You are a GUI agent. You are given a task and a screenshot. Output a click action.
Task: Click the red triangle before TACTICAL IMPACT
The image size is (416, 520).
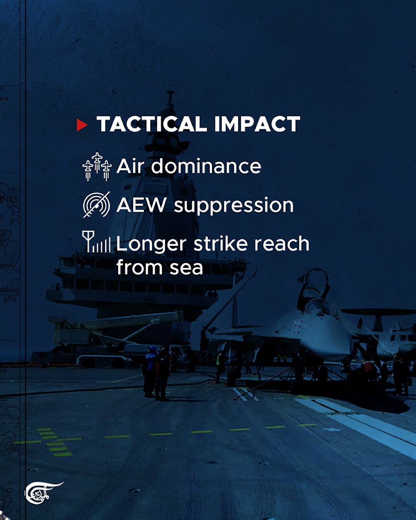(82, 125)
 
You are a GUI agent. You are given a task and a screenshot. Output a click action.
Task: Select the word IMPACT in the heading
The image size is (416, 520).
(257, 124)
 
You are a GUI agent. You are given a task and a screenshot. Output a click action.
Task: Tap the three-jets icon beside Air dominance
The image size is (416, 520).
(97, 167)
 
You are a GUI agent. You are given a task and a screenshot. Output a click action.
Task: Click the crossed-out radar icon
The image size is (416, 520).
(97, 205)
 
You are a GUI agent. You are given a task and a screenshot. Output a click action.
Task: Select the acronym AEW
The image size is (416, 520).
(141, 205)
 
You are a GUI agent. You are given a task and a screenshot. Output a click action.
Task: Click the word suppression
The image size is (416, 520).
(234, 206)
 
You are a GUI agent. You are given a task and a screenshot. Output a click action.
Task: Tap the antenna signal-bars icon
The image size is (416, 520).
(96, 242)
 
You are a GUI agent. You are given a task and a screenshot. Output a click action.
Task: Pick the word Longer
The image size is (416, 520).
(151, 245)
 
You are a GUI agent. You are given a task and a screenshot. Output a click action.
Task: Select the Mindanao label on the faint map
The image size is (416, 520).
(9, 290)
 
